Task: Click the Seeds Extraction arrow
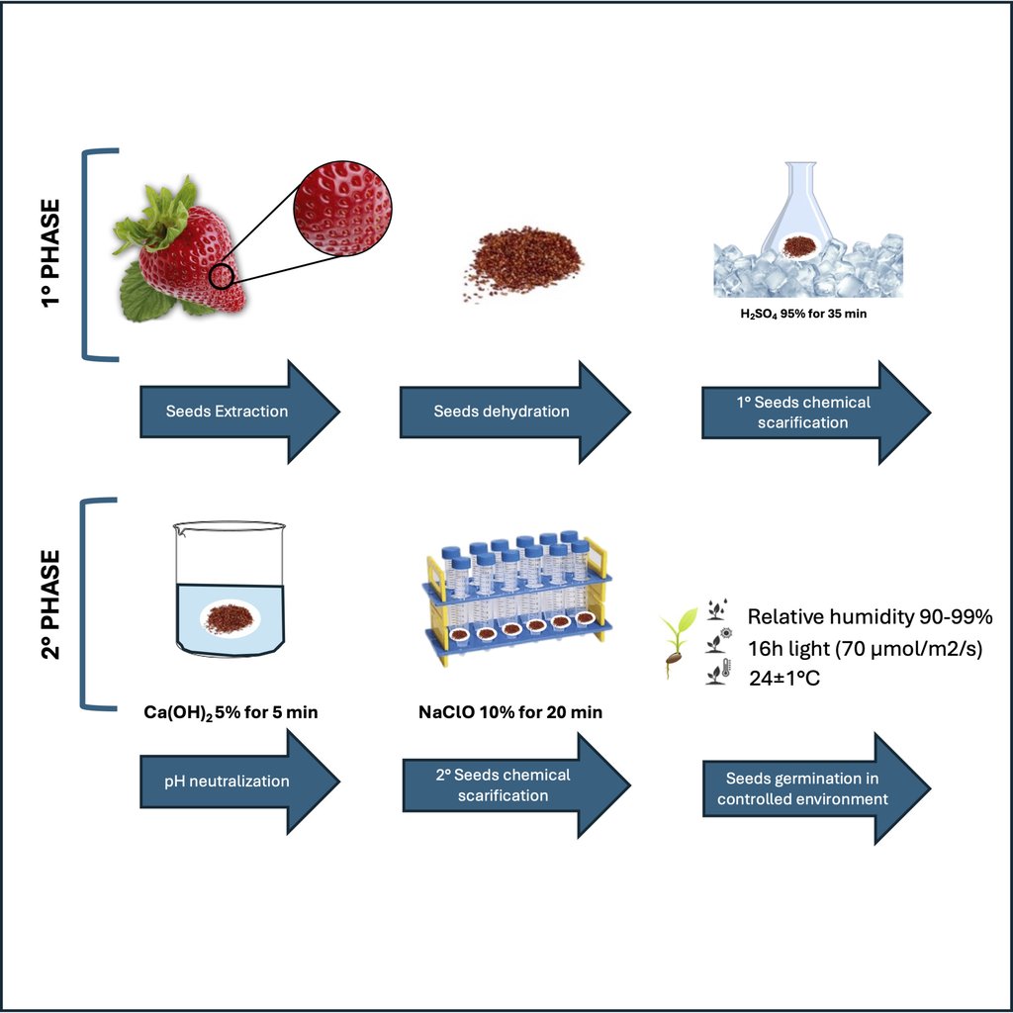pyautogui.click(x=239, y=412)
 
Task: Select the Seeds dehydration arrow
pyautogui.click(x=514, y=412)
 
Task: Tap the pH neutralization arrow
pyautogui.click(x=239, y=782)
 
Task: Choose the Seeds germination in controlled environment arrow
pyautogui.click(x=816, y=788)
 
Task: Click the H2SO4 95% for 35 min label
pyautogui.click(x=803, y=314)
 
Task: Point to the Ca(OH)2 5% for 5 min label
pyautogui.click(x=230, y=712)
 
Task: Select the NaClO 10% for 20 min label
pyautogui.click(x=510, y=712)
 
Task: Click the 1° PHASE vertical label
pyautogui.click(x=50, y=253)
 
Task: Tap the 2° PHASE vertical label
pyautogui.click(x=50, y=604)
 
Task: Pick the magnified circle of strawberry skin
pyautogui.click(x=342, y=208)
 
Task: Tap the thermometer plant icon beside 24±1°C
pyautogui.click(x=718, y=672)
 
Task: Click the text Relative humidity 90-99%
pyautogui.click(x=870, y=616)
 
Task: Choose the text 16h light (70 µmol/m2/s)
pyautogui.click(x=865, y=648)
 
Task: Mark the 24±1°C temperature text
pyautogui.click(x=784, y=679)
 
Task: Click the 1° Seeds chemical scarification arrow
pyautogui.click(x=816, y=413)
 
